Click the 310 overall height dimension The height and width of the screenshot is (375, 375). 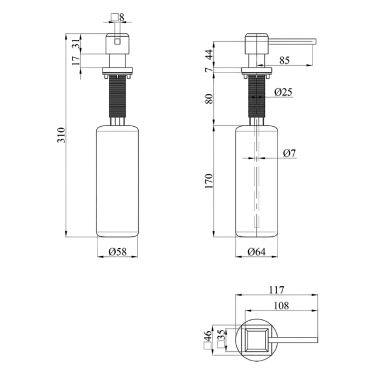pos(61,136)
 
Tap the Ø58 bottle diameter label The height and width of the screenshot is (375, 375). pos(117,252)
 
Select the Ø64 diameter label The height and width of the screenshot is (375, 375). pos(256,252)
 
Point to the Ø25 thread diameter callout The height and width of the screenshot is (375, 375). pos(283,92)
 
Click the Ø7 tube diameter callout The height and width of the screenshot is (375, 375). pos(289,153)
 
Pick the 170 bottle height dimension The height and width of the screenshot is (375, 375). pos(209,181)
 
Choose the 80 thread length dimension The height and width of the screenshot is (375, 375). pos(209,99)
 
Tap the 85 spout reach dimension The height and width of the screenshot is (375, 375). pos(284,60)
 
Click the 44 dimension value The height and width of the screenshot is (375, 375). pos(209,54)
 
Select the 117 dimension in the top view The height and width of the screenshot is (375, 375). pos(277,290)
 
